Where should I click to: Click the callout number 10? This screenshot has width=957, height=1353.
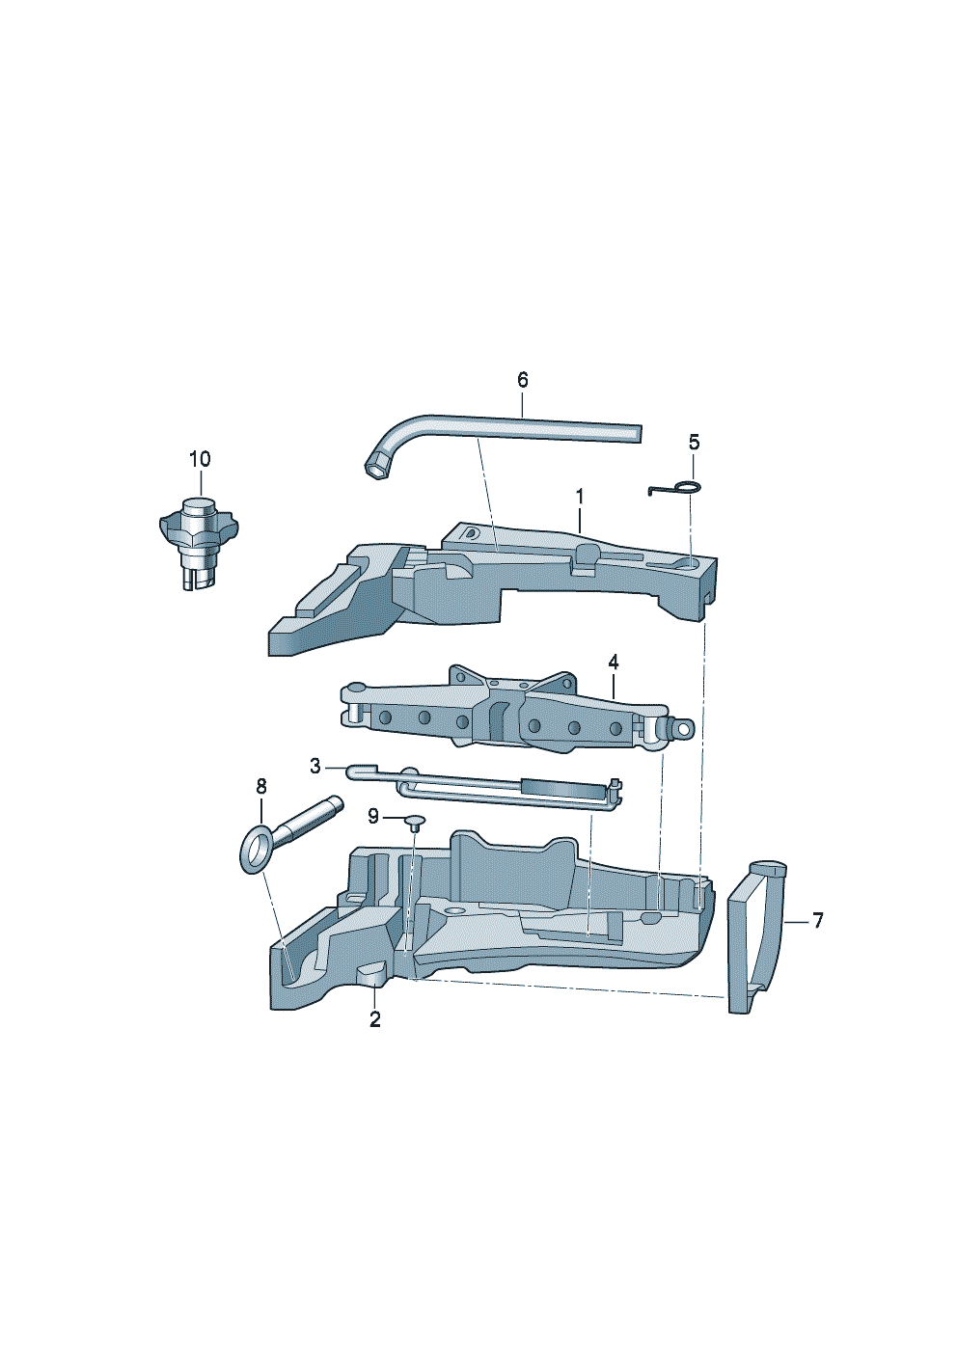tap(200, 459)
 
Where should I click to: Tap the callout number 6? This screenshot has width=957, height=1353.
tap(523, 380)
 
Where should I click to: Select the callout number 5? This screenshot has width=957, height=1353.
tap(695, 443)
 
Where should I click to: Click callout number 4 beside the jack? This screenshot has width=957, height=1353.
tap(614, 663)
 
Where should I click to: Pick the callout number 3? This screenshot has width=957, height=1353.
tap(315, 767)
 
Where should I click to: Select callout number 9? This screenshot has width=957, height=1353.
tap(373, 817)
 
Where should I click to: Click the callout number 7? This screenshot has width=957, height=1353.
tap(817, 921)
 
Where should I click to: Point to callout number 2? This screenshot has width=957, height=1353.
tap(375, 1019)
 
